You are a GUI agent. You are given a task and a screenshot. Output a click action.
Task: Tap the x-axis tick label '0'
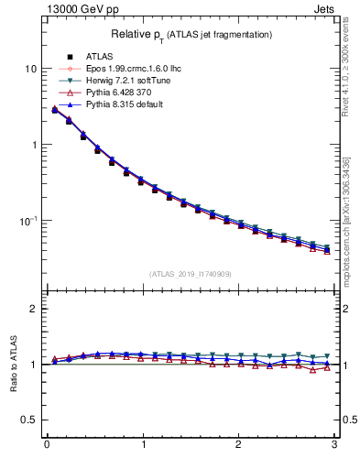46,446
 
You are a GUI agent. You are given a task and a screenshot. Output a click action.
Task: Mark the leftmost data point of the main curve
55,110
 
